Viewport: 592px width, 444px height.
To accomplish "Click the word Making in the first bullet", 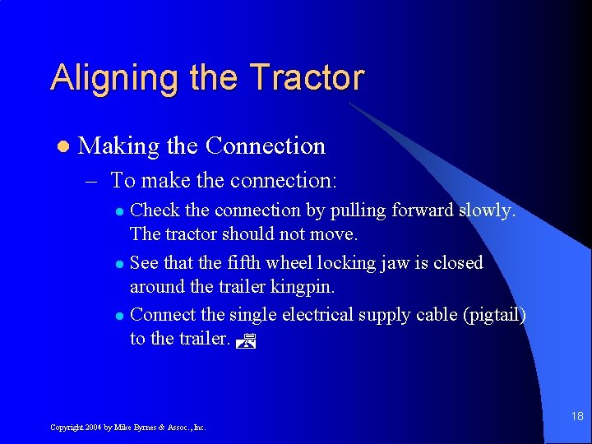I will pyautogui.click(x=118, y=146).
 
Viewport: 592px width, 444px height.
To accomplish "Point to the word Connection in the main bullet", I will pyautogui.click(x=265, y=146).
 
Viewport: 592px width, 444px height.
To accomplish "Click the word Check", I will pyautogui.click(x=158, y=210).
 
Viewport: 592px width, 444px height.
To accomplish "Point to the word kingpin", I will pyautogui.click(x=321, y=288).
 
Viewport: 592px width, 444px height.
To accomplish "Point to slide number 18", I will pyautogui.click(x=576, y=417).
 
